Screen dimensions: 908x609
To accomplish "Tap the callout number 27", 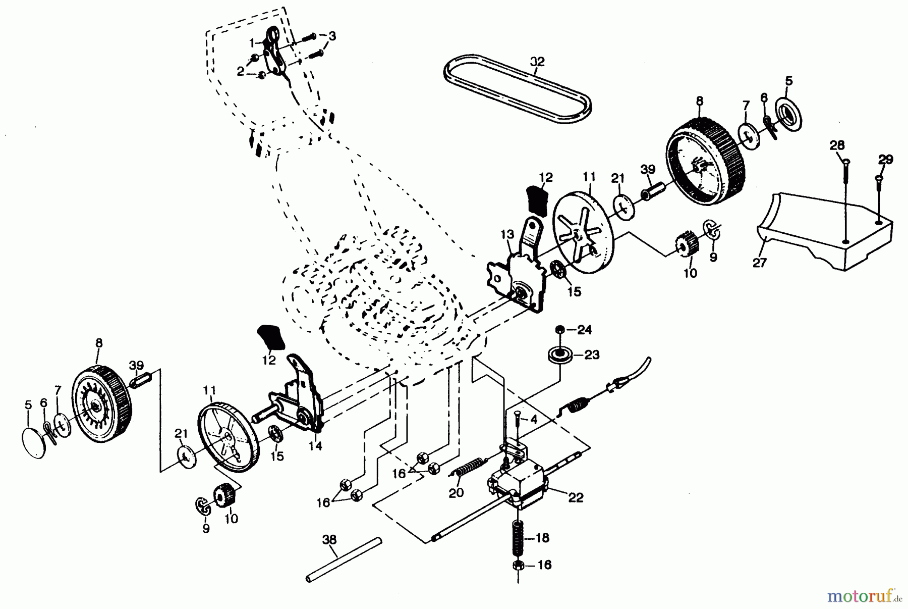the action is coord(759,263).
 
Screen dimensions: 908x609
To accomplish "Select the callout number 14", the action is coord(316,446).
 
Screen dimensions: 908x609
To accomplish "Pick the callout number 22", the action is coord(576,497).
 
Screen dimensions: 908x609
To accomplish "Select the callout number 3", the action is coord(332,36).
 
